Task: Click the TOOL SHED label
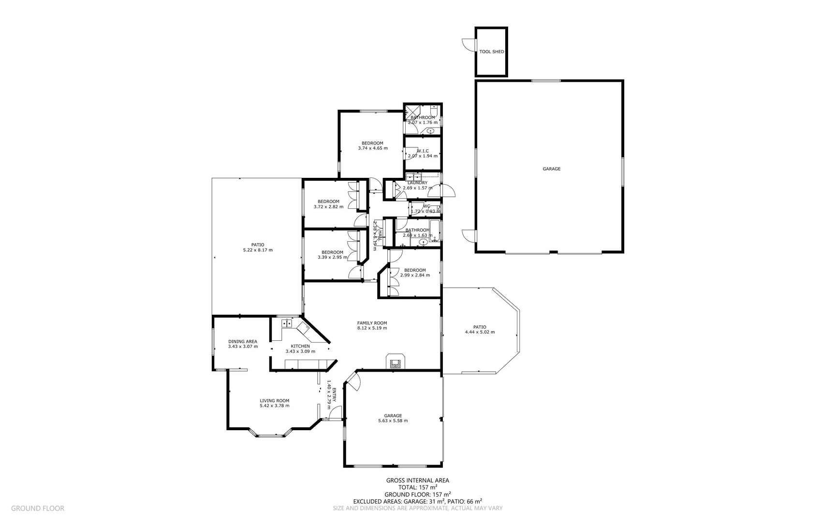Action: click(491, 52)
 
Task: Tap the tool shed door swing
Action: click(469, 44)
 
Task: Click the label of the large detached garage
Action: click(551, 169)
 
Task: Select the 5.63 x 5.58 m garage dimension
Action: click(393, 421)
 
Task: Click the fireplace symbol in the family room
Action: click(395, 362)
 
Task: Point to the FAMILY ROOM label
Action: click(372, 323)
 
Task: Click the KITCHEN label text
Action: click(300, 346)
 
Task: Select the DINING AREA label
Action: click(243, 341)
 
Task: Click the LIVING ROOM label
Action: click(274, 400)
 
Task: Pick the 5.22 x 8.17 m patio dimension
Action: click(258, 250)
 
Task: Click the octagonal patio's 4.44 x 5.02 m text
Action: click(480, 333)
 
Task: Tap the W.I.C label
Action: click(423, 151)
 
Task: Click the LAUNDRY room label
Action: click(417, 183)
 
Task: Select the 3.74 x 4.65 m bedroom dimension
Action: click(372, 148)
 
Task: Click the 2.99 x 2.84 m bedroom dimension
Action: click(415, 275)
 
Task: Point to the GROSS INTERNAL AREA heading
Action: click(417, 480)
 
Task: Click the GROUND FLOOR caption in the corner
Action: click(37, 508)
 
